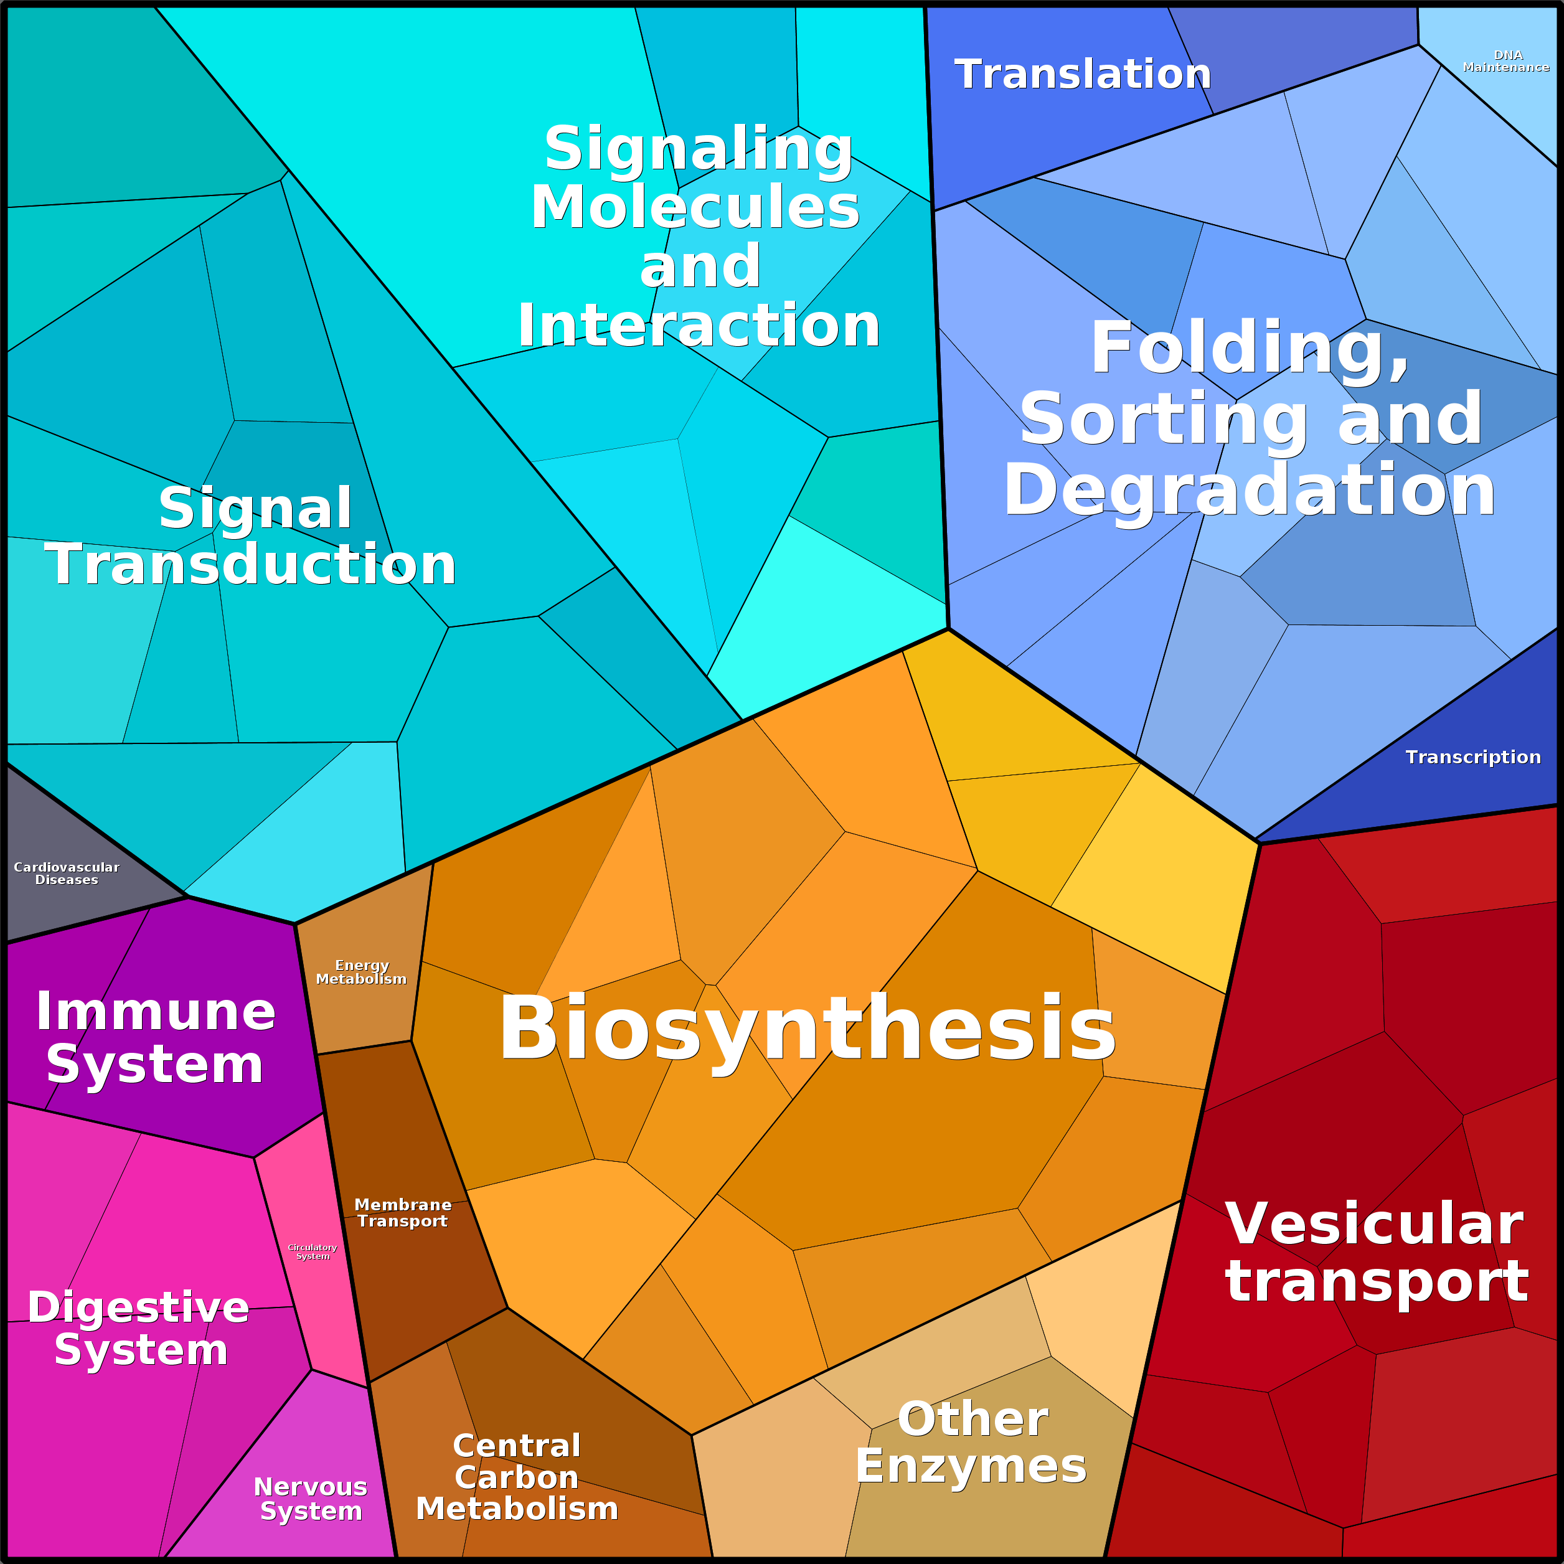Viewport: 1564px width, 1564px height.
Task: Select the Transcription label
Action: pos(1473,757)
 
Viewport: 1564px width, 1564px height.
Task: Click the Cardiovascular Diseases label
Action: pos(67,874)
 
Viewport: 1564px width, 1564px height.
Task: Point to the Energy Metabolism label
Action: pos(361,973)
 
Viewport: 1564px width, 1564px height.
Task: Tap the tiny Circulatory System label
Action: pos(313,1251)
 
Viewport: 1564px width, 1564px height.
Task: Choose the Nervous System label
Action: pos(311,1499)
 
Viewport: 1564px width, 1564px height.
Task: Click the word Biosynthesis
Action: pos(807,1030)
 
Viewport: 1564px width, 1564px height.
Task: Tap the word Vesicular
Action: pos(1375,1223)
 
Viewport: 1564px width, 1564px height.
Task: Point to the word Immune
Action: pos(156,1011)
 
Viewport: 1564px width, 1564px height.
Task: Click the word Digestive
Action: pos(138,1307)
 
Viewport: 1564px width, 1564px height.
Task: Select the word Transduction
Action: pos(251,563)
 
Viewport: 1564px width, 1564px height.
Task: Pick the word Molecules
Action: pos(695,207)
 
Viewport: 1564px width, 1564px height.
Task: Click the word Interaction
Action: pos(699,326)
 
